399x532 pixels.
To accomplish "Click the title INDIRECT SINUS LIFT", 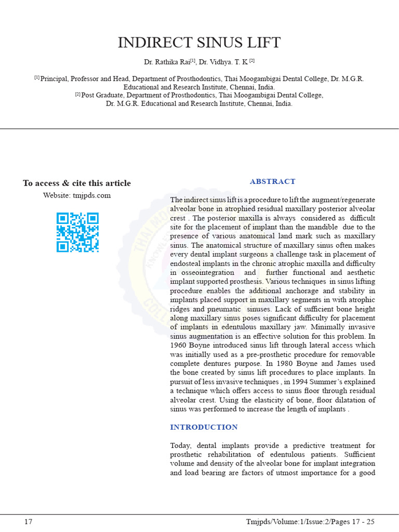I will pos(199,43).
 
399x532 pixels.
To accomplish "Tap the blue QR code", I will pos(77,232).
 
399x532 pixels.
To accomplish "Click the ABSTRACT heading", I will pos(272,181).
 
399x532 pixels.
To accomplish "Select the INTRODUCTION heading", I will pos(204,427).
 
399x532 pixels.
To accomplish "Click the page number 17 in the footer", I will pos(29,522).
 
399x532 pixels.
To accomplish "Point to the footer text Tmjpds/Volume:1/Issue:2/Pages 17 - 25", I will pos(310,522).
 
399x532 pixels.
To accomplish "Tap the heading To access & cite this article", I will pos(77,183).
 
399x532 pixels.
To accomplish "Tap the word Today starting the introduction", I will pos(181,446).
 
